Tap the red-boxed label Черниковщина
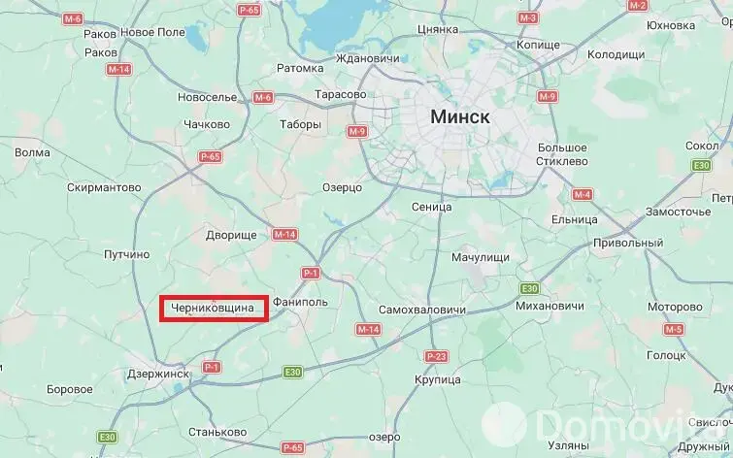[213, 310]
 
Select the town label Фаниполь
[302, 302]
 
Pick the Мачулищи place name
[481, 257]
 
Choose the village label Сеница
[432, 207]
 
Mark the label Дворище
[231, 235]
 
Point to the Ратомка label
[300, 68]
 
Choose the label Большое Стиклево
[564, 153]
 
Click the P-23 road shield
[437, 357]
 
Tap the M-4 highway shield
[582, 195]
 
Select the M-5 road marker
[674, 330]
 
